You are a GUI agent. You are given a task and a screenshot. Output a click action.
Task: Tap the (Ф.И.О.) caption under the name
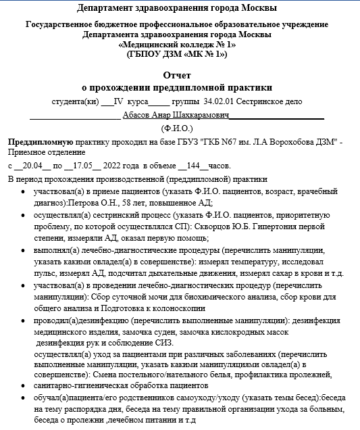pyautogui.click(x=177, y=127)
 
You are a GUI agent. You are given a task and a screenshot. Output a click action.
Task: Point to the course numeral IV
pyautogui.click(x=119, y=102)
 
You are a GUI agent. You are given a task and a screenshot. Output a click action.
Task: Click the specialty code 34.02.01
pyautogui.click(x=218, y=102)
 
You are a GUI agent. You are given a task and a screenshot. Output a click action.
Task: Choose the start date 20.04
pyautogui.click(x=32, y=166)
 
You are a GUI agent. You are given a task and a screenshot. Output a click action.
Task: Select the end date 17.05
pyautogui.click(x=82, y=166)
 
